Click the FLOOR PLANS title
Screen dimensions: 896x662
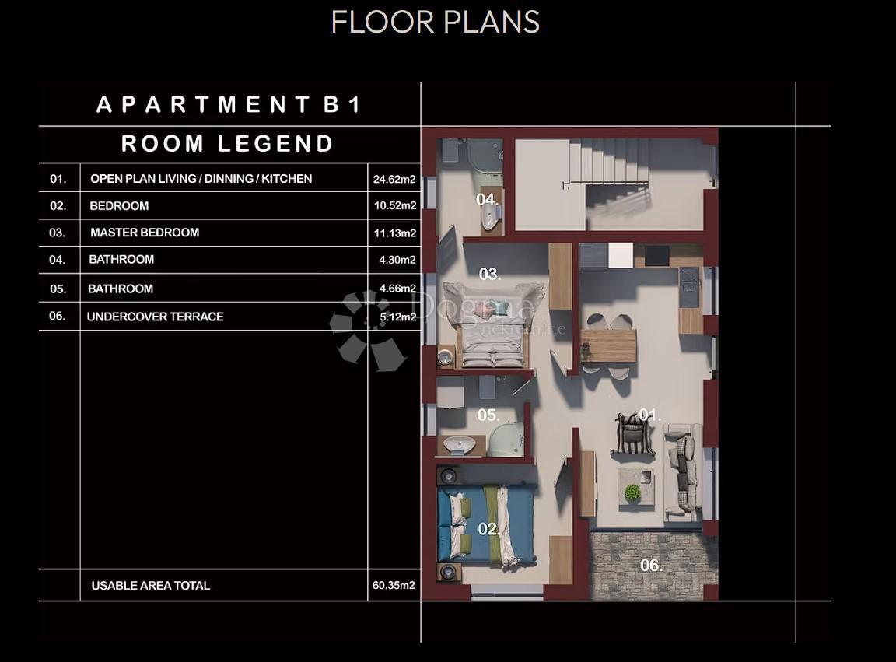(436, 23)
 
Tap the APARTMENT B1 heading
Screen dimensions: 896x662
(229, 104)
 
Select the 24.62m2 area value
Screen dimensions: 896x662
(394, 179)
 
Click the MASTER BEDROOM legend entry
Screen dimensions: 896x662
(145, 233)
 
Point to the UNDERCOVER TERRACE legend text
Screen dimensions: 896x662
(155, 317)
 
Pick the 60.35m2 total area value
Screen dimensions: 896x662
(394, 585)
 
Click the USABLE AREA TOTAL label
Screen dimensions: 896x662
(150, 586)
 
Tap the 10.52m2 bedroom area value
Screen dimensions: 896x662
(395, 206)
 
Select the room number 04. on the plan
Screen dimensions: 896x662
(488, 199)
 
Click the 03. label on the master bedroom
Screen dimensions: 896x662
(490, 275)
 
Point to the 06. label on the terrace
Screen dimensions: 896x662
(651, 566)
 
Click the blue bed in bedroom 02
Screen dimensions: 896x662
(486, 525)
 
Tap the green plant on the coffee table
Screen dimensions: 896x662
(632, 492)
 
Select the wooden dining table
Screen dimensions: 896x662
(608, 346)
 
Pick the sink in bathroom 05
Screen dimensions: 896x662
(460, 444)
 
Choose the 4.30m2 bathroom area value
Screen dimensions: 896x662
(397, 260)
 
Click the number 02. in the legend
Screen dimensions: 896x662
(58, 206)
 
